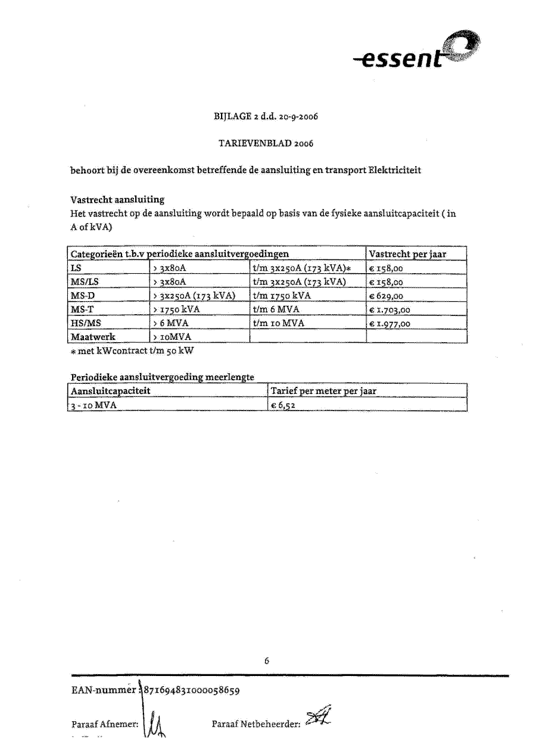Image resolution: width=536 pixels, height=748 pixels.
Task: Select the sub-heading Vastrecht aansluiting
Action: (117, 199)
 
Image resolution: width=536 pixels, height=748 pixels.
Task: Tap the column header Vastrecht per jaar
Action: (407, 254)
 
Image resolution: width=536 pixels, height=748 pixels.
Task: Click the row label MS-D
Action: (81, 296)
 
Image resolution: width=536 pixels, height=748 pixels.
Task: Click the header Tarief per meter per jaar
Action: (323, 391)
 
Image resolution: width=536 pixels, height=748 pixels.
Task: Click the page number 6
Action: (267, 661)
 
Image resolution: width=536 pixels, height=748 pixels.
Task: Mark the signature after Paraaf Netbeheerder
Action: (317, 719)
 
